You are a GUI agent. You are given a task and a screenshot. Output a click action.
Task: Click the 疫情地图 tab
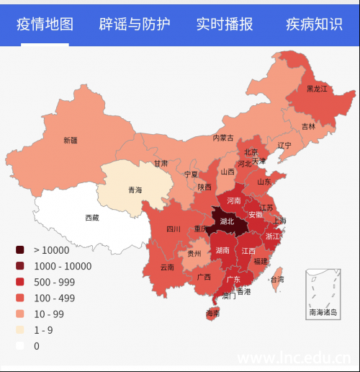[45, 25]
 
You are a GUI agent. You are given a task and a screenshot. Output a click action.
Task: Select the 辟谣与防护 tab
[135, 25]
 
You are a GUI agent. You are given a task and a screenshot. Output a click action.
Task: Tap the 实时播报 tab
[225, 25]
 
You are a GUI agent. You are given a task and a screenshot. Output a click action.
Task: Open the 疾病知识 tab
[314, 25]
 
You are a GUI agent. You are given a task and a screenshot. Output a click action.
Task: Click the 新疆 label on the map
[70, 140]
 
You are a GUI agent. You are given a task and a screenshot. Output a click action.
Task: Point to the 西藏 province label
[92, 217]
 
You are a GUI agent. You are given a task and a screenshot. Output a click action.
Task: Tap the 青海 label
[135, 190]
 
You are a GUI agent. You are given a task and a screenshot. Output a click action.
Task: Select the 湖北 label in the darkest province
[228, 221]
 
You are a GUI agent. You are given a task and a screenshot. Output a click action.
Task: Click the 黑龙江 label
[317, 89]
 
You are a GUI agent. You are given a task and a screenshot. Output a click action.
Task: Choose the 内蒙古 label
[222, 138]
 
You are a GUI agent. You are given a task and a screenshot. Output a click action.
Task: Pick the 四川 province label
[174, 229]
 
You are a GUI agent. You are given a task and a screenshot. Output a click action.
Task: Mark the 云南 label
[167, 267]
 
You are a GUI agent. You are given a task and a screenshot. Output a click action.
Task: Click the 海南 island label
[212, 314]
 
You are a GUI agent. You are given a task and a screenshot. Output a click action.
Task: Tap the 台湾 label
[276, 279]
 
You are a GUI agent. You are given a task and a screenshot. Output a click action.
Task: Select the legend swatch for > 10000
[20, 250]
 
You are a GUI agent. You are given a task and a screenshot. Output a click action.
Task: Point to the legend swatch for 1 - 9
[20, 329]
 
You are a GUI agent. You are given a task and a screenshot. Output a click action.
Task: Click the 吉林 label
[308, 126]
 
